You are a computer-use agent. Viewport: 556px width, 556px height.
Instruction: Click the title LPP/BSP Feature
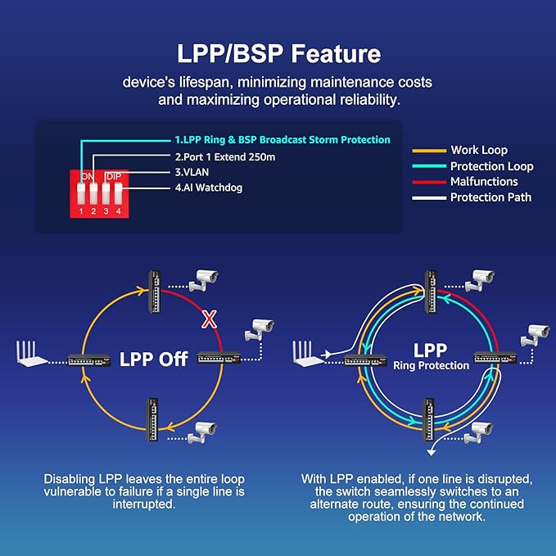(x=278, y=54)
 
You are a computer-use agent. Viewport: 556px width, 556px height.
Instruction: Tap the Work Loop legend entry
(x=478, y=150)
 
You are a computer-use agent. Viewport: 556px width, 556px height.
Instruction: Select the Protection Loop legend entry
(x=491, y=166)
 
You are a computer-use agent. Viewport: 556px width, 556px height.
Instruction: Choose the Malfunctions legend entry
(x=484, y=182)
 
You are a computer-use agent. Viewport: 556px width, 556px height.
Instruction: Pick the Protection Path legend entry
(x=490, y=197)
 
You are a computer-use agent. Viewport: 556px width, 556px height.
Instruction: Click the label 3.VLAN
(x=191, y=172)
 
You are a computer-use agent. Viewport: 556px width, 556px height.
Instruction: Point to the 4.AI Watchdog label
(x=208, y=188)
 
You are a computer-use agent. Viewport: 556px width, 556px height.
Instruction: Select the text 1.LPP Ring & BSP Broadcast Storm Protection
(x=282, y=140)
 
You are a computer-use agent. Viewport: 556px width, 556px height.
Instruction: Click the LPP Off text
(x=155, y=359)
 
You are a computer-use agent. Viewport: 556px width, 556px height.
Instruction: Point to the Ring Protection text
(x=430, y=365)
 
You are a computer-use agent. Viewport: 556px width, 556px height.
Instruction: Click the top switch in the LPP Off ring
(x=153, y=292)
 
